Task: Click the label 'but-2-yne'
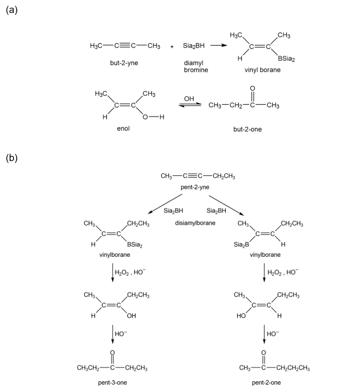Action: pos(124,63)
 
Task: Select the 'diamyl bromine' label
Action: pos(196,66)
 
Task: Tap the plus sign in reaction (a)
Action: pos(172,47)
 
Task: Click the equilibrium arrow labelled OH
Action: pos(189,105)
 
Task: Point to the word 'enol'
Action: pos(124,129)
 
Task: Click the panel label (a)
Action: pos(12,10)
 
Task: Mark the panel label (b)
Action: pos(12,158)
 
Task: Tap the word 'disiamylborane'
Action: pos(195,223)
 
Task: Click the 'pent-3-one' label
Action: pos(112,382)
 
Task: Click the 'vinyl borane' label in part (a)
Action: pos(262,70)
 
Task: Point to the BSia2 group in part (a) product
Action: pos(286,59)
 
